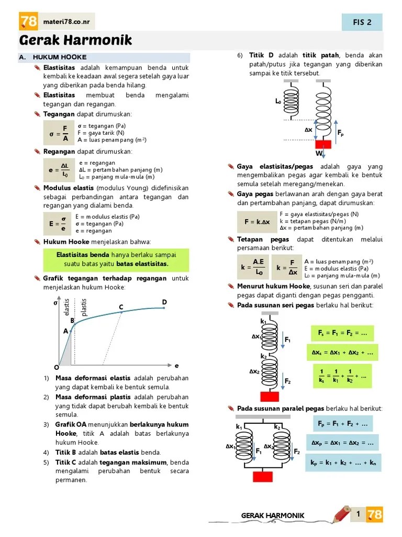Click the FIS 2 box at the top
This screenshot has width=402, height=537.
(x=362, y=22)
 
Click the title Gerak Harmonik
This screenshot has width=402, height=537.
(x=75, y=40)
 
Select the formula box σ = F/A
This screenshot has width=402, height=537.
(x=59, y=133)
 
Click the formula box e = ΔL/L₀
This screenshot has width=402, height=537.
(x=59, y=170)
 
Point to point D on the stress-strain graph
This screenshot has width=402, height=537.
(x=164, y=303)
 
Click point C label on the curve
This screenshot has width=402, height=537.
(x=121, y=307)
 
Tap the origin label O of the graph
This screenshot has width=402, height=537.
(x=57, y=367)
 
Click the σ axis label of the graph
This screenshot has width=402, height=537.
(x=55, y=303)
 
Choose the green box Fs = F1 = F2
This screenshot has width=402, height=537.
(x=342, y=334)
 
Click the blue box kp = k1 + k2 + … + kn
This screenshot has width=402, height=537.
(x=343, y=463)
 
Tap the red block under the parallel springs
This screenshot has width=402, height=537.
(x=263, y=476)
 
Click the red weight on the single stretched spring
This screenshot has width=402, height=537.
(x=323, y=144)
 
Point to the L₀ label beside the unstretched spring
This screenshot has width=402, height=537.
(x=278, y=101)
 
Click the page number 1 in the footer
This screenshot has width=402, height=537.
(x=358, y=514)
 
